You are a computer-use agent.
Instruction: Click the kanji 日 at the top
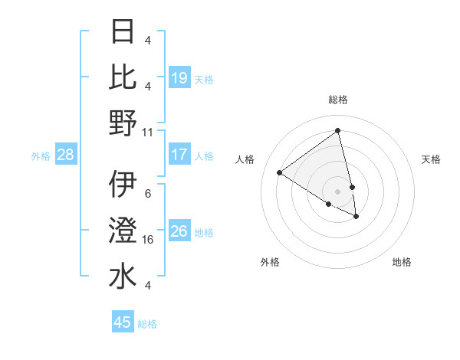[x=123, y=31]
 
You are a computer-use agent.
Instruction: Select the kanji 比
[x=123, y=77]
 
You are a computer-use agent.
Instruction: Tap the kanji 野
[x=123, y=123]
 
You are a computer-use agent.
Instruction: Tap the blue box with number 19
[x=179, y=78]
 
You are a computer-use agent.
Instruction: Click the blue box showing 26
[x=179, y=232]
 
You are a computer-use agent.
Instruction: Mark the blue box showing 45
[x=123, y=322]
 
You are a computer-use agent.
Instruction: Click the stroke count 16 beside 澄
[x=149, y=240]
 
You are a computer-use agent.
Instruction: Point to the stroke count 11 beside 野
[x=148, y=132]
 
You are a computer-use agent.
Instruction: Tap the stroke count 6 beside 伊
[x=148, y=194]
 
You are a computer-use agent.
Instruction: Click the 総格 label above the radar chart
[x=338, y=100]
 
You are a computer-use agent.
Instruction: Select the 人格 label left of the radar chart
[x=245, y=159]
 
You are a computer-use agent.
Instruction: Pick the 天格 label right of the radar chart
[x=432, y=159]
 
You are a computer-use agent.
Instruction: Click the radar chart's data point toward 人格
[x=280, y=172]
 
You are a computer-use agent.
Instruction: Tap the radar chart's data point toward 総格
[x=338, y=130]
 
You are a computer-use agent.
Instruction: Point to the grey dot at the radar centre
[x=338, y=191]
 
